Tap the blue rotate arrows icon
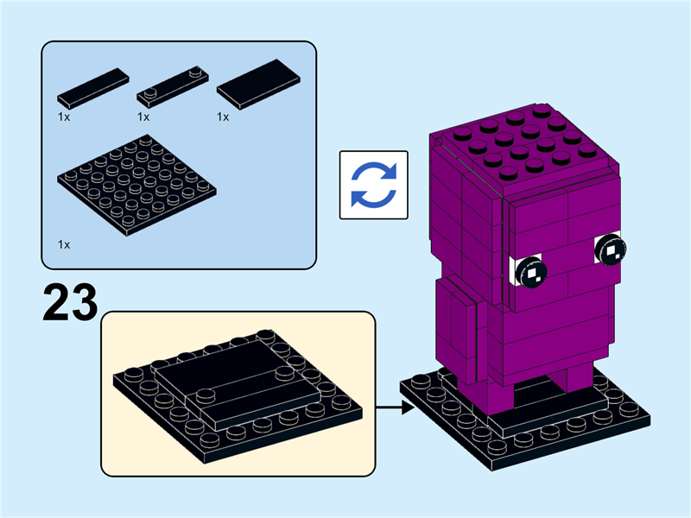(373, 184)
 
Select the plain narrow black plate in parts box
(93, 86)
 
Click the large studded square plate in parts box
(136, 186)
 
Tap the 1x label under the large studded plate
(64, 245)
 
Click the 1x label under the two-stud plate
(143, 117)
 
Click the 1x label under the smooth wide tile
(223, 117)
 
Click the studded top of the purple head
(518, 142)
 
